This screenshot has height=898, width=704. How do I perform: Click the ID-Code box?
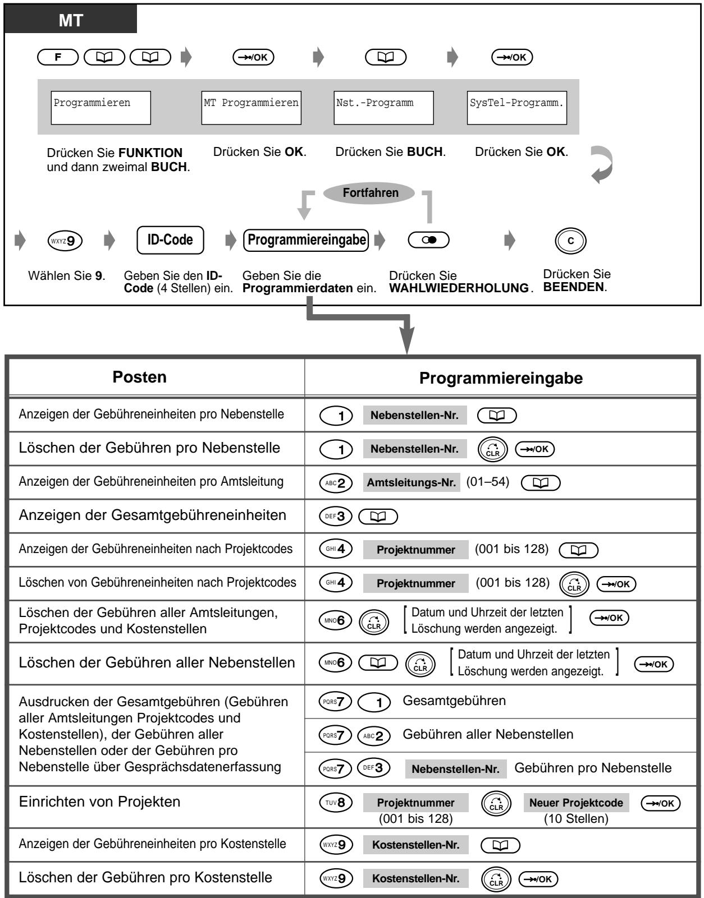(170, 241)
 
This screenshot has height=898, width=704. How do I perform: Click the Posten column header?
(140, 377)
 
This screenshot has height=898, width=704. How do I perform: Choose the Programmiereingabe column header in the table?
(501, 378)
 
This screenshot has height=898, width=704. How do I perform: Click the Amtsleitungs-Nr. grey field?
(411, 482)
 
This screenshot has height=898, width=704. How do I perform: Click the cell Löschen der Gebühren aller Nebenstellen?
(157, 663)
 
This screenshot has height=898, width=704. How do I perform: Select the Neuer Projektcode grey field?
(576, 803)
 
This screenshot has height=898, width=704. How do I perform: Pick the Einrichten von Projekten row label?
(100, 802)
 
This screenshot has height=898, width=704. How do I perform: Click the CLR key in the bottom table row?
(496, 879)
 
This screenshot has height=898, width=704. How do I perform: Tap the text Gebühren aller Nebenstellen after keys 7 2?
(488, 734)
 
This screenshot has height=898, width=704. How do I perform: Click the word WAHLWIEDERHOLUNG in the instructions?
(458, 288)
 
